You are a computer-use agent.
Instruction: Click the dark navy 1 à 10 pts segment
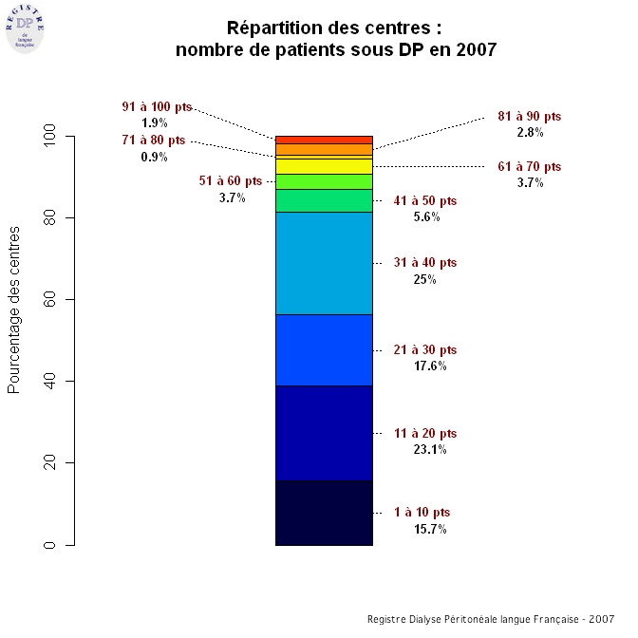pos(324,513)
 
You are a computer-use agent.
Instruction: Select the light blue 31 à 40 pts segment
pos(324,263)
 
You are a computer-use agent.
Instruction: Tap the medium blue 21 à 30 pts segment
pos(324,350)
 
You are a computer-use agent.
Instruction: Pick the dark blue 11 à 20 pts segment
pos(324,433)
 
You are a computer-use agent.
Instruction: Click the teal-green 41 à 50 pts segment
pos(324,200)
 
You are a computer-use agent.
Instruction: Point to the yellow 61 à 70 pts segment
pos(324,166)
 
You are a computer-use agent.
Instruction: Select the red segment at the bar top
pos(324,140)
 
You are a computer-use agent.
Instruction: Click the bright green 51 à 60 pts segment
pos(324,181)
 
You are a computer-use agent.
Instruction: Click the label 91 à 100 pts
pos(157,107)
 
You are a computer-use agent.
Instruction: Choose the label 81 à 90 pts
pos(530,117)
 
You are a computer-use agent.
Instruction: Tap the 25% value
pos(424,279)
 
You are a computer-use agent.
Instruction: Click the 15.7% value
pos(430,529)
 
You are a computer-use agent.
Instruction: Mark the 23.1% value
pos(430,449)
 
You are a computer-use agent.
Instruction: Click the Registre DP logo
pos(26,26)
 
